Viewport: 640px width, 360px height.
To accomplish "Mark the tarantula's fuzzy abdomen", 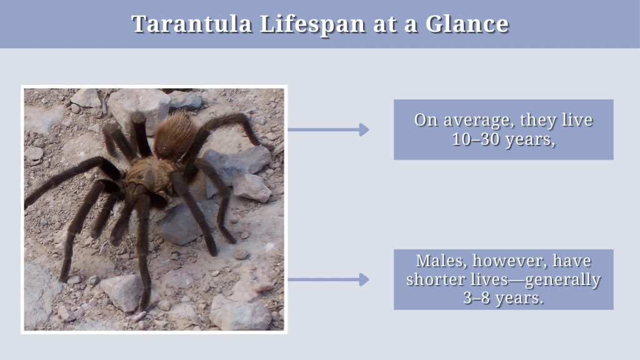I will tap(176, 134).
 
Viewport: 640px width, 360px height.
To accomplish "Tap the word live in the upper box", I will tap(577, 121).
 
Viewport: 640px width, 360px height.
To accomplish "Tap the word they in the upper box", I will tap(539, 121).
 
